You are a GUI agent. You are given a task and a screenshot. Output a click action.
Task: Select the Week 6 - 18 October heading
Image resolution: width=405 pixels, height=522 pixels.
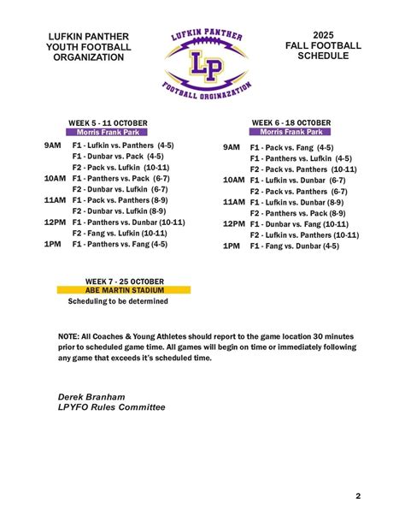(x=291, y=122)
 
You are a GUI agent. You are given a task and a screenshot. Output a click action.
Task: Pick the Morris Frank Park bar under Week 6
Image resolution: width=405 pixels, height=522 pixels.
(x=291, y=133)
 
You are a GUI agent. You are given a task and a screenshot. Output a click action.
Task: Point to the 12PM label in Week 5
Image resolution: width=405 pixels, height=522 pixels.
(x=55, y=222)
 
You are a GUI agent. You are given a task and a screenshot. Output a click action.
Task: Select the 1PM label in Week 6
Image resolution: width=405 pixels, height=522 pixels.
(x=232, y=246)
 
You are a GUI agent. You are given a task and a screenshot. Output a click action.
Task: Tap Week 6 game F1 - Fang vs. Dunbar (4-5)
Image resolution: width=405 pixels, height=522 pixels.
(x=294, y=246)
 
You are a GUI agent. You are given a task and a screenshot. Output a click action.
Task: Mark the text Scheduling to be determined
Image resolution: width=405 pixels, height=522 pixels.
(x=118, y=301)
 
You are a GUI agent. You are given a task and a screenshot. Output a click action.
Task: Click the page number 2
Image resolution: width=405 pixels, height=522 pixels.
(x=358, y=495)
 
